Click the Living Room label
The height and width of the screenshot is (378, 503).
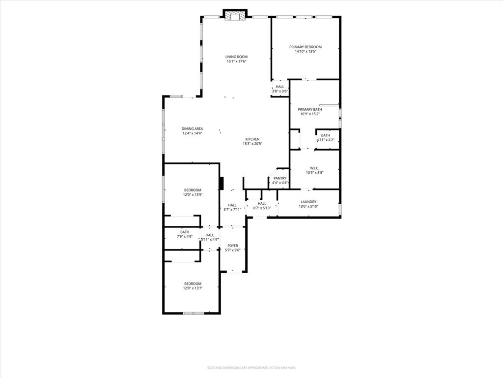(236, 57)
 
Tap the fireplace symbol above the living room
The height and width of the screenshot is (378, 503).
(234, 16)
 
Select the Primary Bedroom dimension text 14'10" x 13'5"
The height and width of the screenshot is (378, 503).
(305, 51)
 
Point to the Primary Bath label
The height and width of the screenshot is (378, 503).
(310, 109)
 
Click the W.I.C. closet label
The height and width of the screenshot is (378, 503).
(314, 168)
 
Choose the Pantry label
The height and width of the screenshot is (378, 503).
(280, 178)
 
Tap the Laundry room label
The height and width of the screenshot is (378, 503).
(308, 201)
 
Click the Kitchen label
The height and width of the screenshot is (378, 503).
(252, 139)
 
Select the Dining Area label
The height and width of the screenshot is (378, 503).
(193, 128)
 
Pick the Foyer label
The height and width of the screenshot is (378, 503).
(232, 245)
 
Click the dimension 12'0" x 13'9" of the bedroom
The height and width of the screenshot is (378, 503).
(193, 194)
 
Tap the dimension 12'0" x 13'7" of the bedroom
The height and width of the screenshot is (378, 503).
(193, 288)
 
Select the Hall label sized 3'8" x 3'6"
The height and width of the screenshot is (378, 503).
(280, 87)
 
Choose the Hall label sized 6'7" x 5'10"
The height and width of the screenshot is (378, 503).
(262, 203)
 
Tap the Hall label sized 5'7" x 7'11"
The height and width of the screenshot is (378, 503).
(232, 205)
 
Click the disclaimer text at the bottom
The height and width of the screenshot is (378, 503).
(251, 368)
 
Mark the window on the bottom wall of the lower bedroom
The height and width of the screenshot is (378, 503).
(193, 313)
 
